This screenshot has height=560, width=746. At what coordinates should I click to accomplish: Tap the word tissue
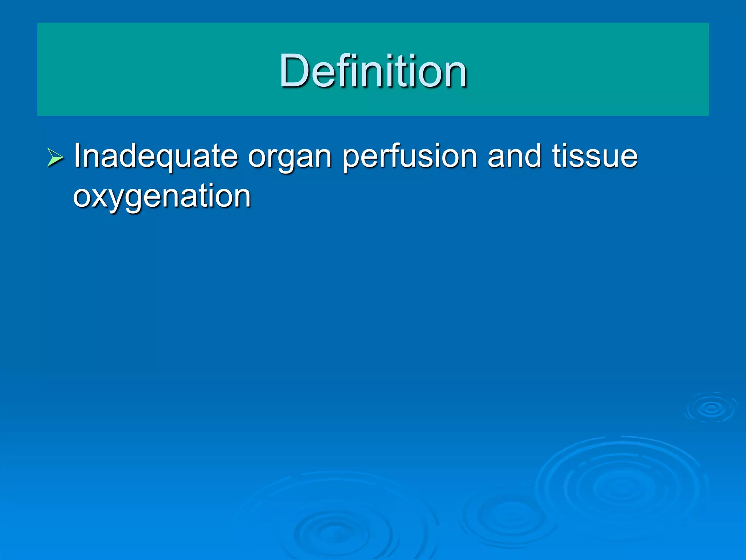coord(595,156)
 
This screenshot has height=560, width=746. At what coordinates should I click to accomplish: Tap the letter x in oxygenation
coord(103,197)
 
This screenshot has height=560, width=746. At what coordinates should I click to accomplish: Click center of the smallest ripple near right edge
coord(711,408)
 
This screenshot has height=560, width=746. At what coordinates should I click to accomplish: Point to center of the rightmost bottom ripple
coord(621,487)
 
